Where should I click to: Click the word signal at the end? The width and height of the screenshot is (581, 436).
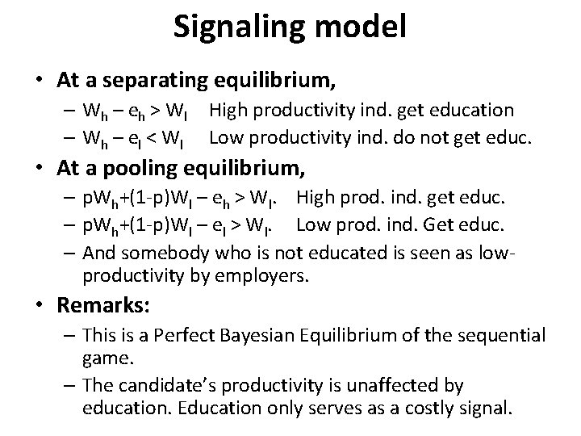pyautogui.click(x=479, y=408)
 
